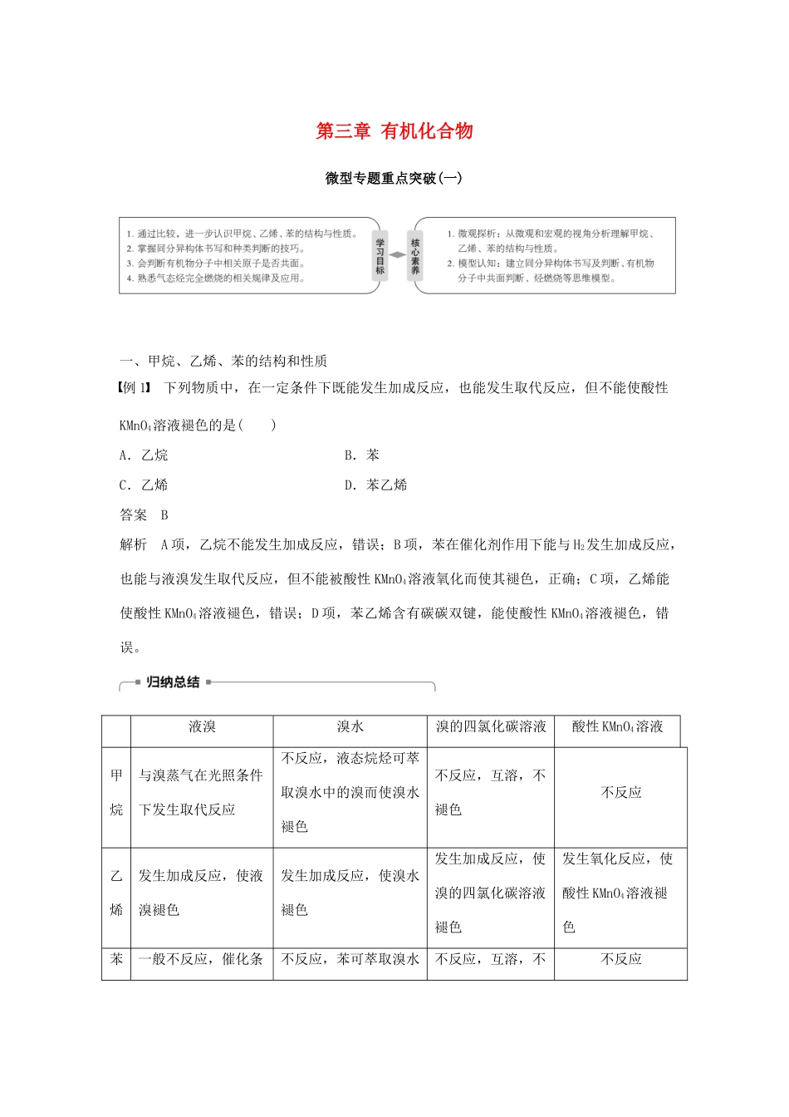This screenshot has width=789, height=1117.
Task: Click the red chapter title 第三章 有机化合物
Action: pyautogui.click(x=394, y=131)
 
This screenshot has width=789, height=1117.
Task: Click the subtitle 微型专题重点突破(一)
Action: pyautogui.click(x=394, y=178)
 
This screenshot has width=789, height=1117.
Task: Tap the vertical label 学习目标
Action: pyautogui.click(x=380, y=256)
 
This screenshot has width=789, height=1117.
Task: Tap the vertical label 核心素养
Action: pyautogui.click(x=415, y=256)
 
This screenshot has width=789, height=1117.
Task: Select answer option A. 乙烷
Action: pyautogui.click(x=144, y=455)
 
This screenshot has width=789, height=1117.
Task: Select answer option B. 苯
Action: pyautogui.click(x=362, y=455)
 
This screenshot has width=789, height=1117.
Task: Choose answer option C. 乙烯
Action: pyautogui.click(x=144, y=485)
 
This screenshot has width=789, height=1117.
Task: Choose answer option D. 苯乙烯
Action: pyautogui.click(x=376, y=485)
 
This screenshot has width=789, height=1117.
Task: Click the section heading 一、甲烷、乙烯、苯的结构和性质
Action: pyautogui.click(x=223, y=361)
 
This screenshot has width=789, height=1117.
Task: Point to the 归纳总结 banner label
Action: pyautogui.click(x=173, y=682)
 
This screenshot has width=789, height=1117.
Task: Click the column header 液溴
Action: pyautogui.click(x=202, y=727)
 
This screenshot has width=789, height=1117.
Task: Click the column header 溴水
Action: pyautogui.click(x=350, y=727)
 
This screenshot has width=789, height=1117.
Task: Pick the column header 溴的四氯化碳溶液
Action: pyautogui.click(x=491, y=727)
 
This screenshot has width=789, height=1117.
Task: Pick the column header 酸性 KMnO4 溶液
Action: pyautogui.click(x=617, y=727)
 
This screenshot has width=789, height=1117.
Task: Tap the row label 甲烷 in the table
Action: pyautogui.click(x=116, y=793)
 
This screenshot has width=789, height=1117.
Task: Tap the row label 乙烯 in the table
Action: pyautogui.click(x=116, y=893)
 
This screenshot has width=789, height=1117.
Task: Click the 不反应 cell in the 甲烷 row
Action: pyautogui.click(x=621, y=793)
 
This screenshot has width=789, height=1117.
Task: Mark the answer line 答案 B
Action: pyautogui.click(x=145, y=515)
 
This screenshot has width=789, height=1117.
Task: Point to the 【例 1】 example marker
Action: pyautogui.click(x=137, y=388)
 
